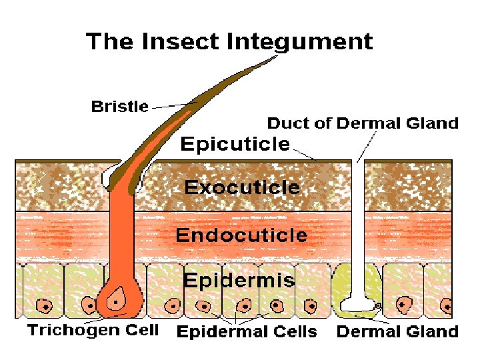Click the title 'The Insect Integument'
tap(229, 41)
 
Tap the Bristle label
tap(119, 107)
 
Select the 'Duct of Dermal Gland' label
tap(363, 123)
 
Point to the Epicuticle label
tap(235, 144)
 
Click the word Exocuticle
tap(242, 187)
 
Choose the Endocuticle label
tap(241, 235)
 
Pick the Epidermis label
tap(238, 280)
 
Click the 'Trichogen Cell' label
tap(93, 331)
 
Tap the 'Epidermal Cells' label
tap(246, 332)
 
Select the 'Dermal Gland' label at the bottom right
tap(397, 332)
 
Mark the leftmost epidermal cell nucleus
tap(45, 306)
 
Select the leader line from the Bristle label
tap(171, 105)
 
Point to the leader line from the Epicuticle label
tap(303, 154)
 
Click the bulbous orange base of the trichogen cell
tap(120, 302)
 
